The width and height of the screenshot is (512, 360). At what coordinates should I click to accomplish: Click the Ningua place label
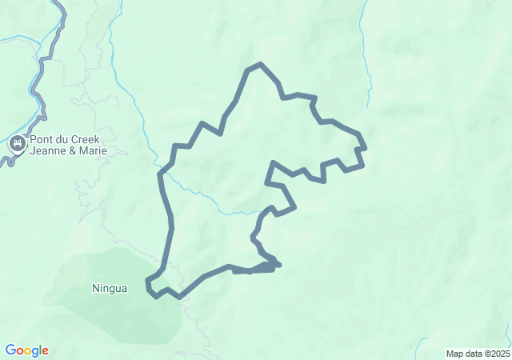click(110, 288)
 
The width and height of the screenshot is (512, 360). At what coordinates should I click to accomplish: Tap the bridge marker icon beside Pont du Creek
click(17, 145)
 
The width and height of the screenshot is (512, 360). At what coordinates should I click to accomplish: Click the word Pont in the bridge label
click(42, 139)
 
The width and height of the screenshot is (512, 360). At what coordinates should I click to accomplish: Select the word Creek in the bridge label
click(83, 139)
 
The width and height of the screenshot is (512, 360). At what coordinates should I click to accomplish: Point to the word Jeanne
click(50, 151)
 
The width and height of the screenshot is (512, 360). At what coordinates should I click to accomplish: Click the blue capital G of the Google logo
click(10, 350)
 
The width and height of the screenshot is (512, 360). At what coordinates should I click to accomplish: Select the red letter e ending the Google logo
click(45, 351)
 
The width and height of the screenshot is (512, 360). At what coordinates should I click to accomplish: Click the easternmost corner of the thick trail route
click(365, 148)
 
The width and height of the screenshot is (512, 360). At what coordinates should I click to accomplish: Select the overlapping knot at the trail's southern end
click(269, 264)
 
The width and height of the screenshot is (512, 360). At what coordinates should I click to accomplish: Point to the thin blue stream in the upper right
click(369, 72)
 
